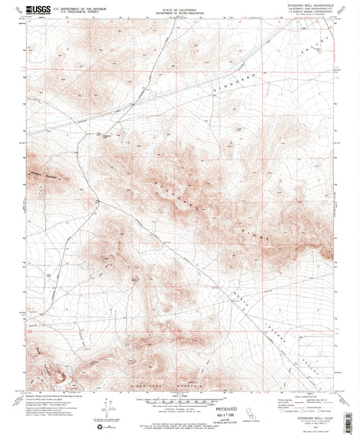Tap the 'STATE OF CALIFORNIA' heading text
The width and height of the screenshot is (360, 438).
180,9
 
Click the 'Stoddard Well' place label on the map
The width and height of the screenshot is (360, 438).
105,135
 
